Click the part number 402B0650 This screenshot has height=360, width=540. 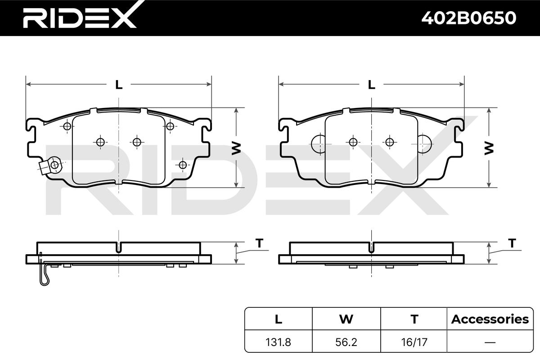(469, 18)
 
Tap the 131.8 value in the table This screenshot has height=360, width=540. (278, 342)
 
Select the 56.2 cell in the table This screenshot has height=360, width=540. (346, 342)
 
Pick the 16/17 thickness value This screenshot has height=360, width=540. (414, 342)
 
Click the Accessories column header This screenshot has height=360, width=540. (490, 319)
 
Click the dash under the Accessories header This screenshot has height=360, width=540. (490, 342)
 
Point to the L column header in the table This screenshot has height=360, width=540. (279, 319)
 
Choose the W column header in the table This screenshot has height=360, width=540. (346, 319)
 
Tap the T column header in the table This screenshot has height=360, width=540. (414, 319)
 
